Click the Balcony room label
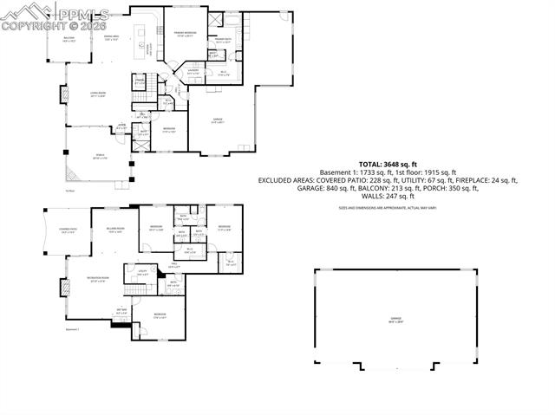69,40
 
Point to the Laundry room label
194,73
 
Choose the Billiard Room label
115,230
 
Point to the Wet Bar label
121,312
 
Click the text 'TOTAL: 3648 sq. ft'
388,164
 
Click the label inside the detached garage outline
395,320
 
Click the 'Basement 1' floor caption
72,329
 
